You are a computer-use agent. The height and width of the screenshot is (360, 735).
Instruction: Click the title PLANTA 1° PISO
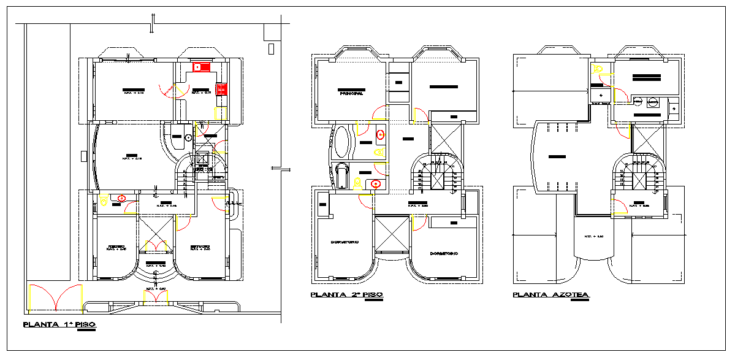(x=59, y=325)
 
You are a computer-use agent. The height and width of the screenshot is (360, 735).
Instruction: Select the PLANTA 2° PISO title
(x=347, y=295)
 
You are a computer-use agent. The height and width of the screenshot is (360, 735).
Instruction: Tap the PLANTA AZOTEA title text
(x=550, y=295)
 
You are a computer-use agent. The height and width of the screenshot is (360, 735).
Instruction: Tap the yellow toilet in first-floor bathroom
(x=104, y=199)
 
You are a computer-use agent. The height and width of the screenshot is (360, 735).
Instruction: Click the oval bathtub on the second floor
(x=341, y=142)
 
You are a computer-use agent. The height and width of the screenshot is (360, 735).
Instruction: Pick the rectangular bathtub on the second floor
(x=341, y=176)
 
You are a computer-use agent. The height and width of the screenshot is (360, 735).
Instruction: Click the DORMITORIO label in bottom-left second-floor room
(x=344, y=242)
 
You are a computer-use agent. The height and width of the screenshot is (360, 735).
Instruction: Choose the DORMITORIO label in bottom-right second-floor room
(x=444, y=253)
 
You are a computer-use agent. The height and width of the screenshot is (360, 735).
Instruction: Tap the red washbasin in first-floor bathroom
(x=122, y=198)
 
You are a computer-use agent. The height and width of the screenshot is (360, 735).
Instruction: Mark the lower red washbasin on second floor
(x=376, y=183)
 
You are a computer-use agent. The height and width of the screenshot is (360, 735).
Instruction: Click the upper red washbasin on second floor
(x=380, y=133)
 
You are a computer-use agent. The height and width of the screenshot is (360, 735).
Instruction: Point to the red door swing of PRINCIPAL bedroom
(x=381, y=113)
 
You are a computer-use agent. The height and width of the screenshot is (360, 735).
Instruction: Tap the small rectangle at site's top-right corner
(x=272, y=48)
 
